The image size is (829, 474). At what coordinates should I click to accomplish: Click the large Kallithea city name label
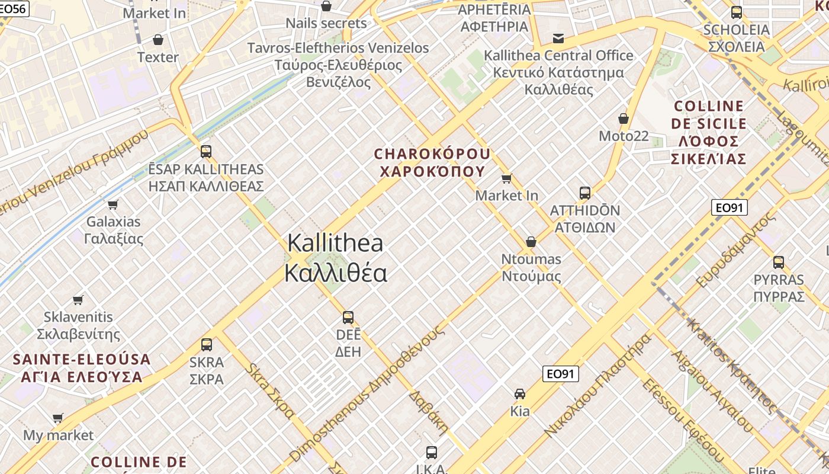[335, 258]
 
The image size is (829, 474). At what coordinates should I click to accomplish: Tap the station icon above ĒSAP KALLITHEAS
[205, 151]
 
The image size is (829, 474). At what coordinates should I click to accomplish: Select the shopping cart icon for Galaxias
[113, 205]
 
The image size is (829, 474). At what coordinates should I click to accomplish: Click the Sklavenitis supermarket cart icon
[78, 300]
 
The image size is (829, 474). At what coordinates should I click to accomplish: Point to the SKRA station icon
[206, 344]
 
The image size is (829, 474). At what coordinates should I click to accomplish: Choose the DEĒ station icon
[348, 317]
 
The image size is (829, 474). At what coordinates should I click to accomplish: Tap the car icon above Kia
[520, 394]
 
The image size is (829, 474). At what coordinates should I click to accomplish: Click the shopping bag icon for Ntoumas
[531, 242]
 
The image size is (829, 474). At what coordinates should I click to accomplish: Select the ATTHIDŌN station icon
[585, 193]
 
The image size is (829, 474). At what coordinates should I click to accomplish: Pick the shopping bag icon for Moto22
[624, 119]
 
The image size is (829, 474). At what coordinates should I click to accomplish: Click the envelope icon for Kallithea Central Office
[558, 39]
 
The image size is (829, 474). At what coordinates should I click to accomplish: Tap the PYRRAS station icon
[779, 262]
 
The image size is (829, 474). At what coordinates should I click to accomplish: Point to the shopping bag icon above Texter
[158, 40]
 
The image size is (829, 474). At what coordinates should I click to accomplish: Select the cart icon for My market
[58, 418]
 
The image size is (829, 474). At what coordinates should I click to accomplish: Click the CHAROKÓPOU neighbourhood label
[432, 163]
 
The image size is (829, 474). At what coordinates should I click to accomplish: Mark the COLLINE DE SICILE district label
[709, 133]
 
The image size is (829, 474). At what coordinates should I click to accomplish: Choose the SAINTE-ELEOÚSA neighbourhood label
[82, 368]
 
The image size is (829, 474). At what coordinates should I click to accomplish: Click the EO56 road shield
[13, 8]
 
